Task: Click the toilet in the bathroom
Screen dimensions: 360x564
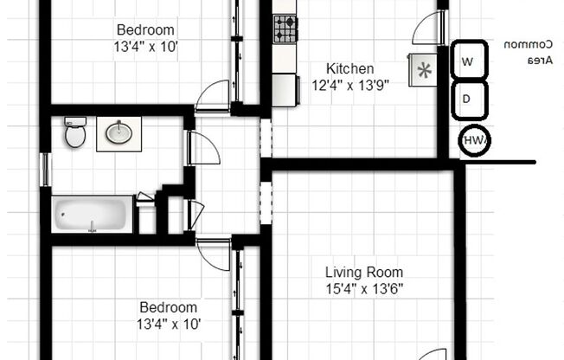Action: tap(75, 133)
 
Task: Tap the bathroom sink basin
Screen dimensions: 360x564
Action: tap(119, 133)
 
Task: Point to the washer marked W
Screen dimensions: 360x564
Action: tap(468, 61)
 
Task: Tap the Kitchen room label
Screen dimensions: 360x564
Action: tap(349, 68)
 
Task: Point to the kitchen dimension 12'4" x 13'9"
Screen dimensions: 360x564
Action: tap(349, 85)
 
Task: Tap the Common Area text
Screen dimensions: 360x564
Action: tap(521, 52)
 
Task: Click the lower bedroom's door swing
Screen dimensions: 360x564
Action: tap(214, 254)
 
